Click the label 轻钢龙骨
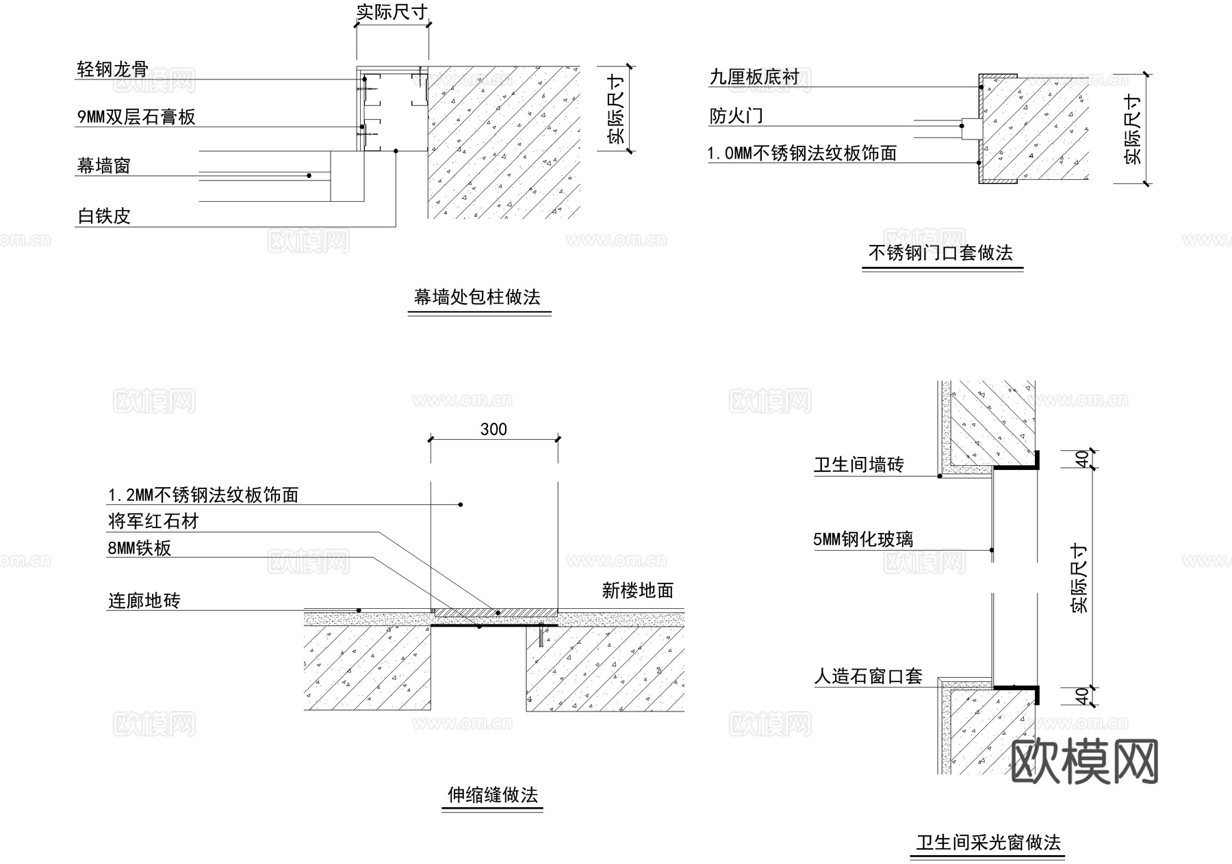coord(112,70)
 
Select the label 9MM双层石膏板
coord(136,117)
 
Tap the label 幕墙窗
coord(103,166)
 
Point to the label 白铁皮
coord(103,217)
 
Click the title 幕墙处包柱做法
coord(477,298)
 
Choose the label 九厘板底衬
coord(754,77)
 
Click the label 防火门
coord(736,116)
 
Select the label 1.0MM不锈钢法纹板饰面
coord(802,153)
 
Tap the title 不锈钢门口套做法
coord(940,253)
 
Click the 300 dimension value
coord(493,430)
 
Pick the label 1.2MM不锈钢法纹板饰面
coord(203,495)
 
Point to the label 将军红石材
coord(153,522)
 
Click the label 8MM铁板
coord(140,549)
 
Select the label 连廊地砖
coord(144,601)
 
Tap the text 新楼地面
coord(638,591)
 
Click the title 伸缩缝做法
coord(493,795)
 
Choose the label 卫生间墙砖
coord(859,465)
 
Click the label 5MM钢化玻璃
coord(863,540)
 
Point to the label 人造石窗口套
coord(868,677)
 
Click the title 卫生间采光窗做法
coord(988,843)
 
